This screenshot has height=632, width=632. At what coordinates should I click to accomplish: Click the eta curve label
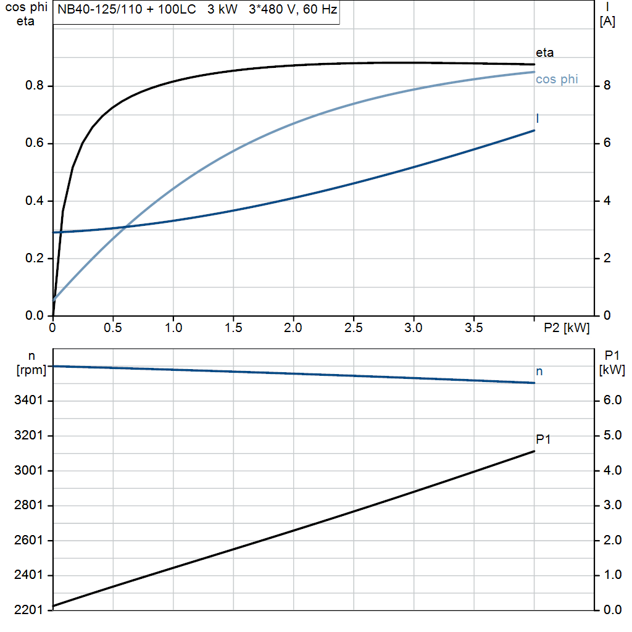(x=544, y=53)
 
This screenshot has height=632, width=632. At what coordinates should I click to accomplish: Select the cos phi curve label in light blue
(x=557, y=80)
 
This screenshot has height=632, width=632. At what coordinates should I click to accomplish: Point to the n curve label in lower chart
(x=539, y=372)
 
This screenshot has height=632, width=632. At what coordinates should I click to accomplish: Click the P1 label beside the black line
(x=543, y=439)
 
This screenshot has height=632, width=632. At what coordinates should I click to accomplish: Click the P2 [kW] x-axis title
(x=566, y=328)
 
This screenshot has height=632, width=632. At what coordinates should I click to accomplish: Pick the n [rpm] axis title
(x=29, y=363)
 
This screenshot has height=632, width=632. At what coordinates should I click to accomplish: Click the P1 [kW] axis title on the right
(x=612, y=363)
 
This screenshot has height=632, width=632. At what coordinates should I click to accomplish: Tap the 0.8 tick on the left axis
(x=35, y=86)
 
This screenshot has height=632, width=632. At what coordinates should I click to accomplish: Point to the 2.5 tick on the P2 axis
(x=354, y=328)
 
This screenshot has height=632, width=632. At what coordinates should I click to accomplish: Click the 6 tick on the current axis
(x=607, y=143)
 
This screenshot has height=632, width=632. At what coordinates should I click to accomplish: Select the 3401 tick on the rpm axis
(x=28, y=401)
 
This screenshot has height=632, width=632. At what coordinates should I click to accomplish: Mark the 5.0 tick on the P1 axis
(x=612, y=436)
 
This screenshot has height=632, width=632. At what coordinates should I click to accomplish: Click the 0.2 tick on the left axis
(x=35, y=259)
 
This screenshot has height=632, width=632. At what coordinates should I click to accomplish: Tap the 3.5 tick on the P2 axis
(x=474, y=328)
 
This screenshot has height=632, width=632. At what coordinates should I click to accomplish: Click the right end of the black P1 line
(x=534, y=451)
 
